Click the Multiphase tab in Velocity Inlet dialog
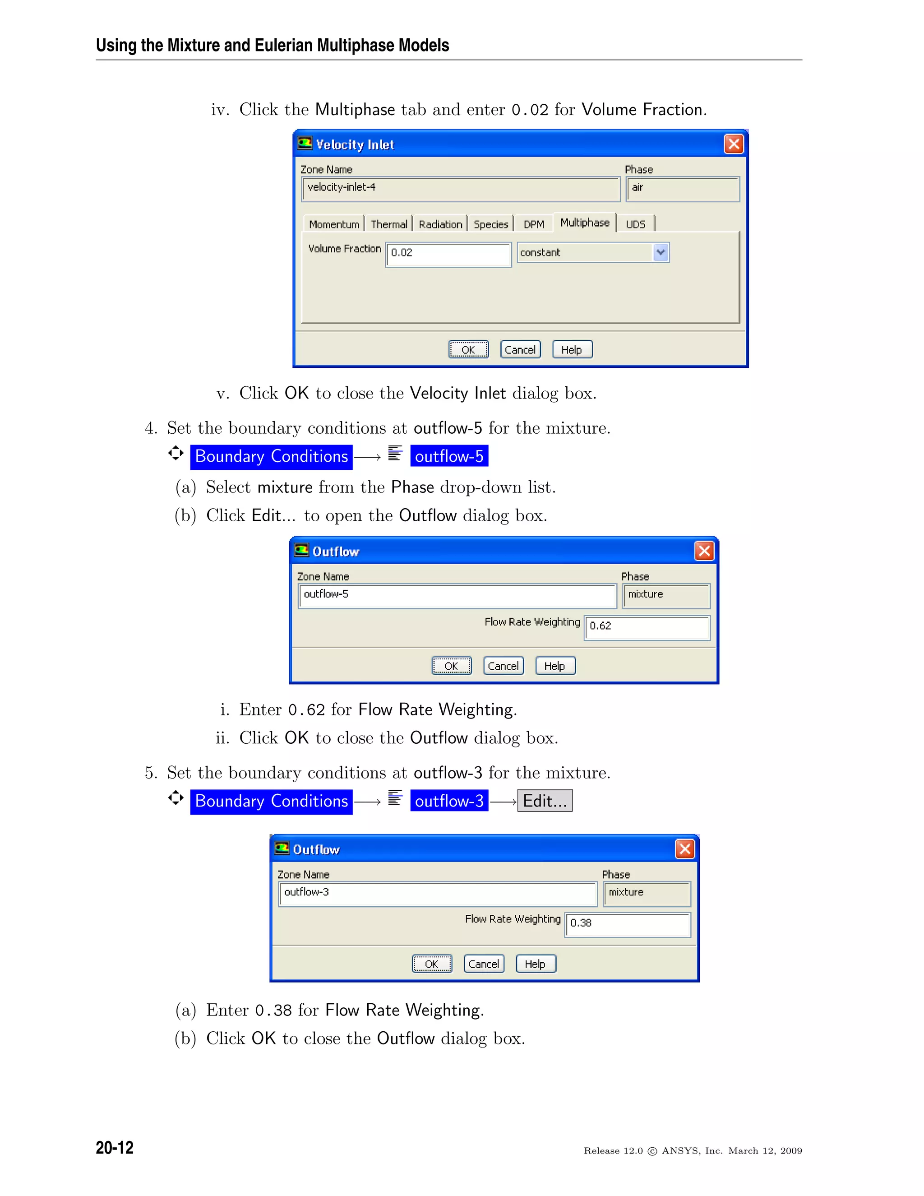pyautogui.click(x=585, y=223)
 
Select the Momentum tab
pyautogui.click(x=334, y=224)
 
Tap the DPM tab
pyautogui.click(x=534, y=224)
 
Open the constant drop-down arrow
pyautogui.click(x=661, y=252)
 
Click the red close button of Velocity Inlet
pyautogui.click(x=734, y=144)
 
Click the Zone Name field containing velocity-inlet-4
pyautogui.click(x=460, y=189)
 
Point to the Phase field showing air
pyautogui.click(x=682, y=189)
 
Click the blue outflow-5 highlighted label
pyautogui.click(x=449, y=456)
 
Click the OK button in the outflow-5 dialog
pyautogui.click(x=451, y=666)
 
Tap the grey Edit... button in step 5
pyautogui.click(x=545, y=801)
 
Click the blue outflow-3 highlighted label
pyautogui.click(x=449, y=801)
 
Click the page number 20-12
pyautogui.click(x=115, y=1147)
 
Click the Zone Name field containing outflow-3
pyautogui.click(x=437, y=894)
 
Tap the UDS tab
pyautogui.click(x=636, y=224)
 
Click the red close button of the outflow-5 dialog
pyautogui.click(x=704, y=551)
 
